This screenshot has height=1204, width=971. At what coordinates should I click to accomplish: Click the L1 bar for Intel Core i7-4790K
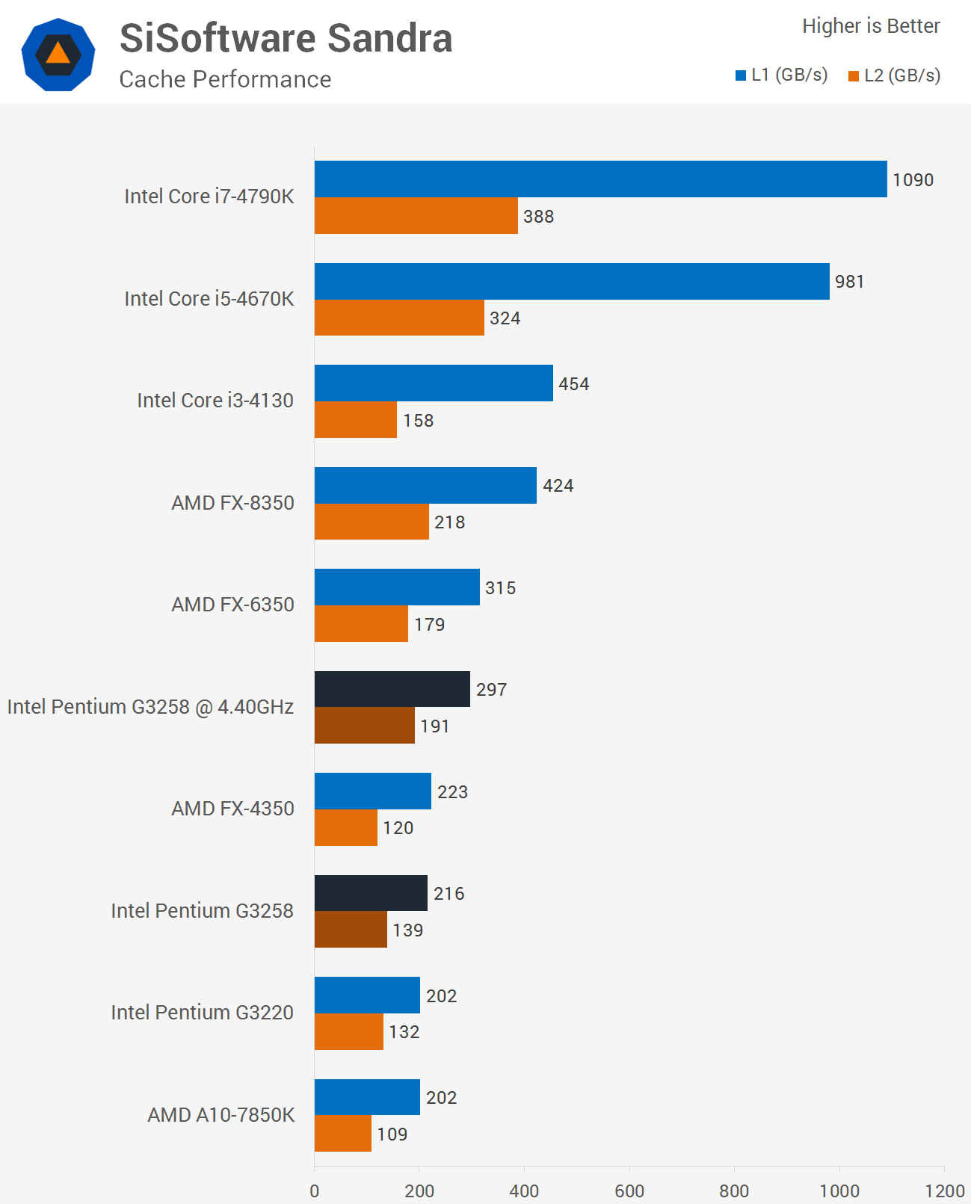coord(600,179)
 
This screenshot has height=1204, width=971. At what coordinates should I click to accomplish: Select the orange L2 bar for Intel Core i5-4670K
coord(399,318)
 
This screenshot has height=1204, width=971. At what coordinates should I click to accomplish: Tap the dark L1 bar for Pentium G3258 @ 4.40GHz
coord(392,689)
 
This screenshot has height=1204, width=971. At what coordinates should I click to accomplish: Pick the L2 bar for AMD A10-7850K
coord(342,1134)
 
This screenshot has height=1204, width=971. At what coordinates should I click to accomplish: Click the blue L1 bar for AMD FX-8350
coord(425,485)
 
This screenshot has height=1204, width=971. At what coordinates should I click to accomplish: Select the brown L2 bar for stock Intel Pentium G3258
coord(351,930)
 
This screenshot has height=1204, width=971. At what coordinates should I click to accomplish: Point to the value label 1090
coord(913,180)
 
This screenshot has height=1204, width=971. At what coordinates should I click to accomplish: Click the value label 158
coord(418,421)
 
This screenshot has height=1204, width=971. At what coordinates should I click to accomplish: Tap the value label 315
coord(500,588)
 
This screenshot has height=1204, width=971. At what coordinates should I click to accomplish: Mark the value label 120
coord(398,828)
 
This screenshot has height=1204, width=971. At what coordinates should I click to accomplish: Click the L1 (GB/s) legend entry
coord(781,75)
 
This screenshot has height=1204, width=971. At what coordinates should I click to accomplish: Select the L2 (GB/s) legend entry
coord(894,75)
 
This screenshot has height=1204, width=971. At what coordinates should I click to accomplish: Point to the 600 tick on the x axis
coord(629,1191)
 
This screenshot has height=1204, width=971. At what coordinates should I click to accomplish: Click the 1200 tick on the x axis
coord(944,1191)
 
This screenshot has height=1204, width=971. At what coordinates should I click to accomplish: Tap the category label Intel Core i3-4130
coord(215,401)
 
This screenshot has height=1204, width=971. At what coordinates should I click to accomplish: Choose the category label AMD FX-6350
coord(232,605)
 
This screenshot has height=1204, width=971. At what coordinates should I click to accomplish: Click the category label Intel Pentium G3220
coord(202,1013)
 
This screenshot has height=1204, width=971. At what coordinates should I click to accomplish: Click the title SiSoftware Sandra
coord(286,38)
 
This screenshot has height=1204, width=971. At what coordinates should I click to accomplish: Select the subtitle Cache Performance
coord(225,79)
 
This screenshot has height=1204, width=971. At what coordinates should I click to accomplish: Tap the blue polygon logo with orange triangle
coord(58,55)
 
